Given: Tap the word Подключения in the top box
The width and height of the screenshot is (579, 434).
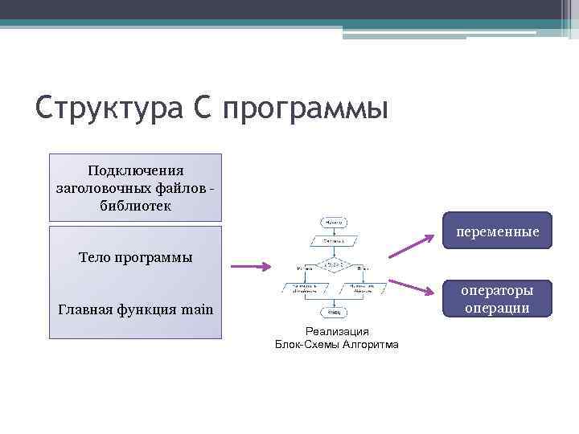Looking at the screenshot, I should pos(135,170).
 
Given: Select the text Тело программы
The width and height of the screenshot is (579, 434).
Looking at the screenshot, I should pos(135,258).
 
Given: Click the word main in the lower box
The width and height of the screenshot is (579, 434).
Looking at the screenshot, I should pos(197,309).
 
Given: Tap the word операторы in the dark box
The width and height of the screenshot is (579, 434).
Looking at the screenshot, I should pos(496,290).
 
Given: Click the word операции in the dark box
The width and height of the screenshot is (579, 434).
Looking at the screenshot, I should pos(496,307).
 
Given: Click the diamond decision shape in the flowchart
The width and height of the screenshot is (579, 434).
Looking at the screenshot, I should pos(334,266).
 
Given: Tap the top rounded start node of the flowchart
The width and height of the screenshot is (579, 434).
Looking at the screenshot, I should pos(334,221).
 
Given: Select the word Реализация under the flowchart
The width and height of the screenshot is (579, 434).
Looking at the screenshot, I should pos(337,331).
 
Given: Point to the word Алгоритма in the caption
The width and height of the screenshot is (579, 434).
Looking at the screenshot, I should pos(371,344).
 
